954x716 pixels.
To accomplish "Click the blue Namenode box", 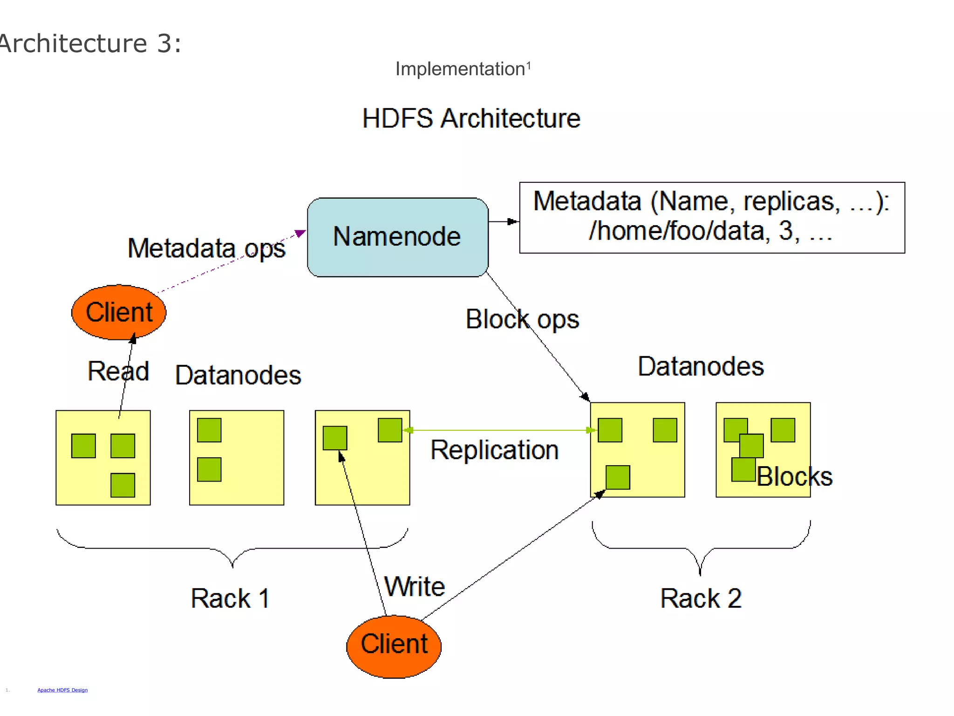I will coord(397,237).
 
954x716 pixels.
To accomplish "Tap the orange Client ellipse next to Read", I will coord(119,312).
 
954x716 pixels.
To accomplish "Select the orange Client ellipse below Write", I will coord(394,646).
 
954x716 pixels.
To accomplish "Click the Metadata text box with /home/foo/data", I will coord(711,217).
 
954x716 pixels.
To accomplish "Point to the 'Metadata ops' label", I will coord(206,248).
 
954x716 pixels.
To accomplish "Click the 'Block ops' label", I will coord(522,319).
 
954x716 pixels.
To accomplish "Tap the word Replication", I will coord(494,450).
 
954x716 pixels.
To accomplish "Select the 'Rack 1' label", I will coord(230,598).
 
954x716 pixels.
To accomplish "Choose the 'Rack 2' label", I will coord(701,598).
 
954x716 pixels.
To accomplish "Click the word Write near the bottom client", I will coord(414,586).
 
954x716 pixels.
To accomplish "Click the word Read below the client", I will coord(118,371).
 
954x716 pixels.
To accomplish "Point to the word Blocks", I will coord(794,476).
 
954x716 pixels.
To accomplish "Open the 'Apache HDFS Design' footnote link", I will coord(62,690).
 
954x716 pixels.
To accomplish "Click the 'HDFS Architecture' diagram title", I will coord(471,118).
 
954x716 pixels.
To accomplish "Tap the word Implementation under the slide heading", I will coord(460,69).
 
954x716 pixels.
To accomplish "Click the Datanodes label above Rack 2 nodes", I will coord(701,366).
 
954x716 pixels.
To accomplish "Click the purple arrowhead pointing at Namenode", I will coord(300,233).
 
